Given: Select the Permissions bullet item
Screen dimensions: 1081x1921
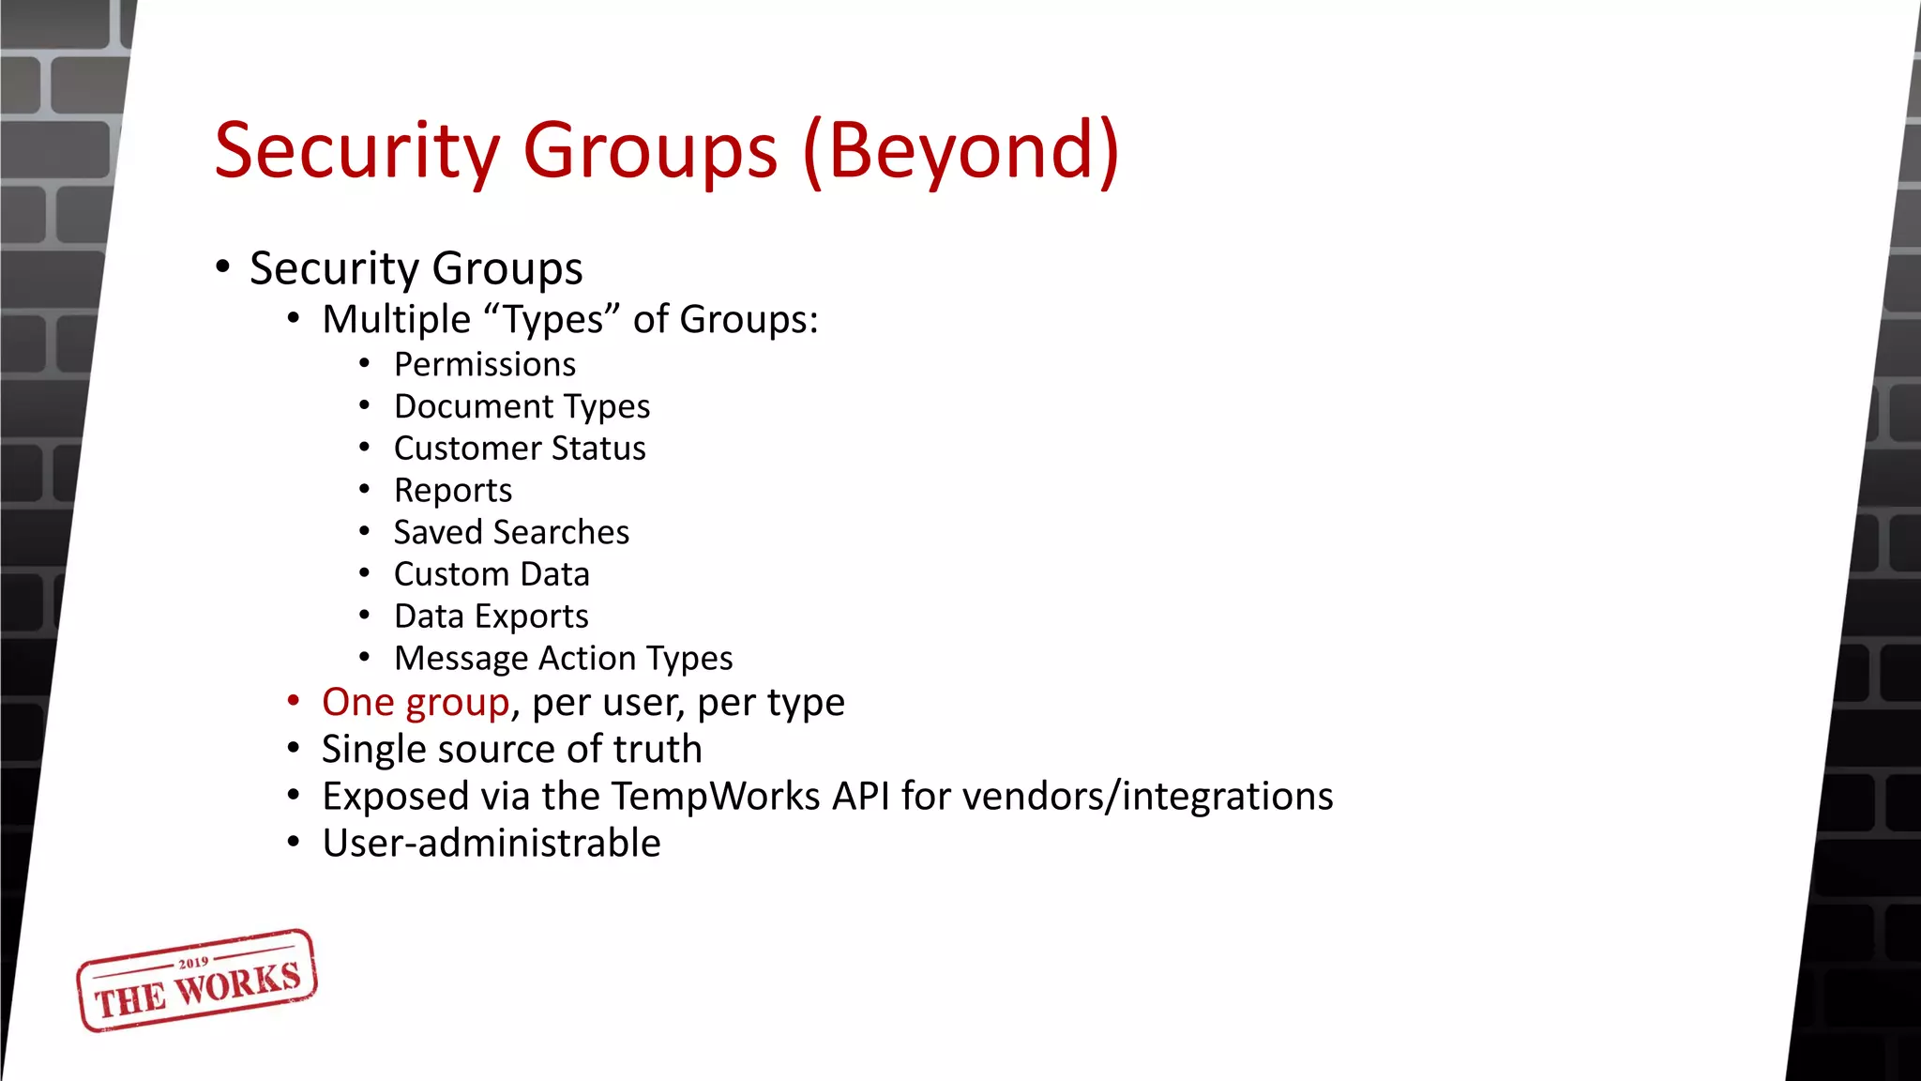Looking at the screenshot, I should pyautogui.click(x=484, y=364).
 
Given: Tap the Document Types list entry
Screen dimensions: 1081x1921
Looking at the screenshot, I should pyautogui.click(x=522, y=406).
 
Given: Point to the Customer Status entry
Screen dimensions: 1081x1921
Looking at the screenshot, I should pyautogui.click(x=520, y=449).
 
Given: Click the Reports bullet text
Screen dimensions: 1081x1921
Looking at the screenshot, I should pyautogui.click(x=453, y=490).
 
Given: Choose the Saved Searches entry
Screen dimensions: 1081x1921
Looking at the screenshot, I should pyautogui.click(x=511, y=532).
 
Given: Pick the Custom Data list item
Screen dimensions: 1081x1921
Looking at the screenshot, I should pyautogui.click(x=492, y=574).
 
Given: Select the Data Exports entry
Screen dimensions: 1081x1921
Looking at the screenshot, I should pyautogui.click(x=492, y=617).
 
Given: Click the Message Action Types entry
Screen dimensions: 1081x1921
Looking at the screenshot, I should pyautogui.click(x=563, y=659).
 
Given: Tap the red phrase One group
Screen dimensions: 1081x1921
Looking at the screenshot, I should pyautogui.click(x=416, y=703).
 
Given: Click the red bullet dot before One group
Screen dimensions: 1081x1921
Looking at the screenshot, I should pyautogui.click(x=294, y=701).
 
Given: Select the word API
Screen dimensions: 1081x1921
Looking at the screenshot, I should pyautogui.click(x=860, y=796).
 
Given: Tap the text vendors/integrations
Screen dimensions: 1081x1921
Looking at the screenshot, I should pyautogui.click(x=1147, y=796).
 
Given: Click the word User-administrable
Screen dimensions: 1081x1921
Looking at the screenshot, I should pyautogui.click(x=492, y=843).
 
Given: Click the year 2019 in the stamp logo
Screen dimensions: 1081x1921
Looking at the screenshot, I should pyautogui.click(x=193, y=963).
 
